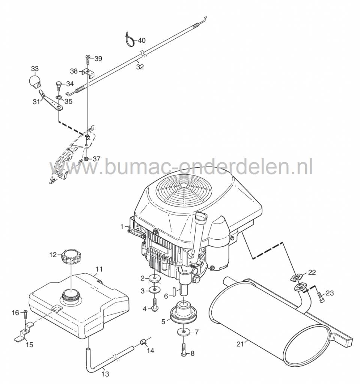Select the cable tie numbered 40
point(129,40)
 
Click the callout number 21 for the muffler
point(240,343)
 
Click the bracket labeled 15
point(23,335)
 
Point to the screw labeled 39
point(87,59)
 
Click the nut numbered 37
point(86,159)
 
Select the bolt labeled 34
point(59,85)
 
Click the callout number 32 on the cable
point(140,67)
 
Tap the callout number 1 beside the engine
point(122,226)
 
